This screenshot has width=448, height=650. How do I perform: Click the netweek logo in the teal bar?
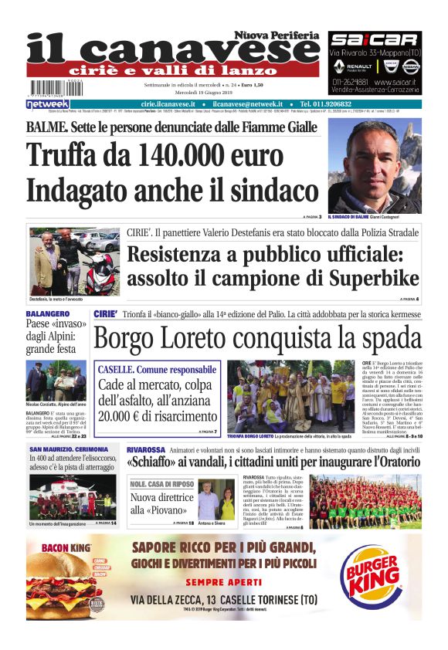pyautogui.click(x=48, y=104)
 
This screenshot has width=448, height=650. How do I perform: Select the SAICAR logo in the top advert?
pyautogui.click(x=375, y=40)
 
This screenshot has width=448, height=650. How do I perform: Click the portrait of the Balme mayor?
pyautogui.click(x=375, y=165)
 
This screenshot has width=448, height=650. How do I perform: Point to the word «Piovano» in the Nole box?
pyautogui.click(x=156, y=510)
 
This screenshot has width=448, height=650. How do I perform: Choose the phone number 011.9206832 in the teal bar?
pyautogui.click(x=325, y=104)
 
